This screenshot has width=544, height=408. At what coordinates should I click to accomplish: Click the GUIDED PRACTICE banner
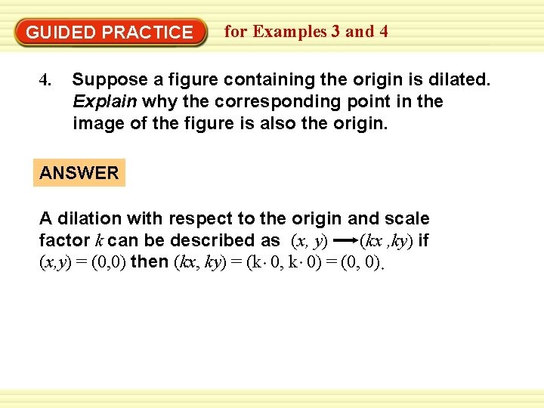(x=110, y=32)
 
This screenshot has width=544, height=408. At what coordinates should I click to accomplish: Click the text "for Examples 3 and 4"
(x=306, y=32)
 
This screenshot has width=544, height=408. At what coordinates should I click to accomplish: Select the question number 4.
(x=45, y=79)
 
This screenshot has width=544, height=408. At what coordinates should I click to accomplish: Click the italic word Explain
(x=105, y=101)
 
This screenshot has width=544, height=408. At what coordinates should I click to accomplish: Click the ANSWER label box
(x=79, y=173)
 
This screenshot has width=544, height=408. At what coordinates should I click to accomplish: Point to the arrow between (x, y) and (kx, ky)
(x=345, y=241)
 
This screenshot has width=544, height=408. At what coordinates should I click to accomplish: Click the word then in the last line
(x=150, y=263)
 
